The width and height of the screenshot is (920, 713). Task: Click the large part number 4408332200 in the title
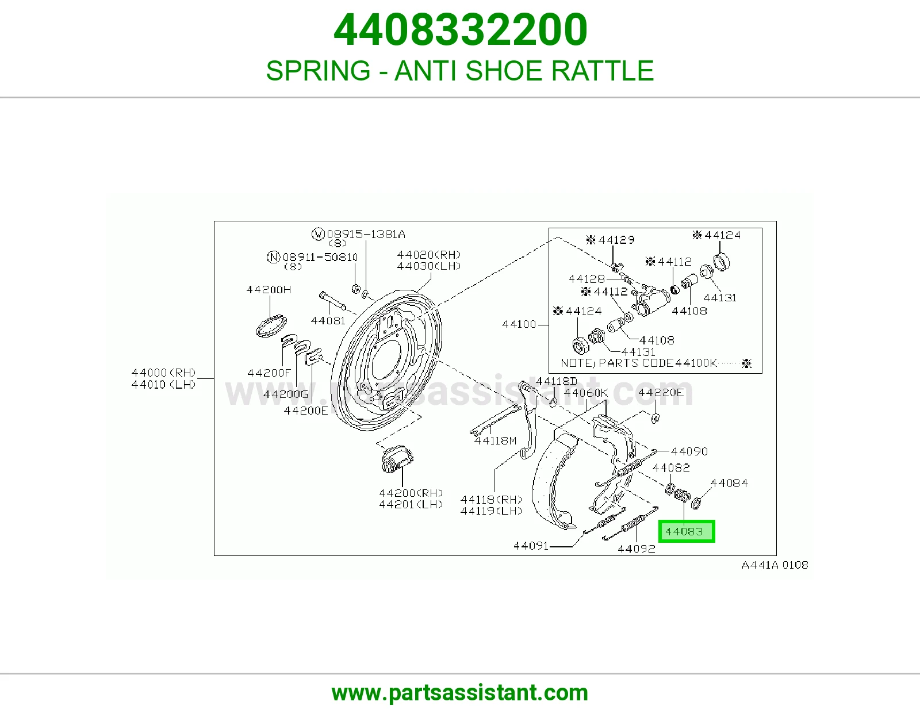[460, 30]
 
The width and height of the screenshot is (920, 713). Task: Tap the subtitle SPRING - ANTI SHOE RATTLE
[460, 70]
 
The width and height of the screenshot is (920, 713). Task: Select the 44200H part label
[269, 290]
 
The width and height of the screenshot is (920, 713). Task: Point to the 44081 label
[328, 320]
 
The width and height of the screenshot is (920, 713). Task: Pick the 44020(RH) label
[428, 255]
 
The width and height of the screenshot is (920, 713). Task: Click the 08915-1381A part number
[366, 233]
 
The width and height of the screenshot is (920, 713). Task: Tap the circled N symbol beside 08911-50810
[274, 257]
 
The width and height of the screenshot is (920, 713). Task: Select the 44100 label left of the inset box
[519, 324]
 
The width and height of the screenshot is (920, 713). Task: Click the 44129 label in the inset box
[616, 240]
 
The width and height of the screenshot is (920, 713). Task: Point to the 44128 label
[586, 279]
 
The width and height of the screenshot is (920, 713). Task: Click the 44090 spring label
[689, 451]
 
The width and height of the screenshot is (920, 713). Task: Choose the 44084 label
[729, 483]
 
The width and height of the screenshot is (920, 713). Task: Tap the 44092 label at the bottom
[637, 549]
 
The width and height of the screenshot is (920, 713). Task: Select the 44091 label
[531, 545]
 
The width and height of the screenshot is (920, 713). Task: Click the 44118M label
[495, 441]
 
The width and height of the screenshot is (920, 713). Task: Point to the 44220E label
[661, 393]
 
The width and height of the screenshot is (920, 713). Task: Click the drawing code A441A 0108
[775, 565]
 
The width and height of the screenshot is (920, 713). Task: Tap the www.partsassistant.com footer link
[460, 693]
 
